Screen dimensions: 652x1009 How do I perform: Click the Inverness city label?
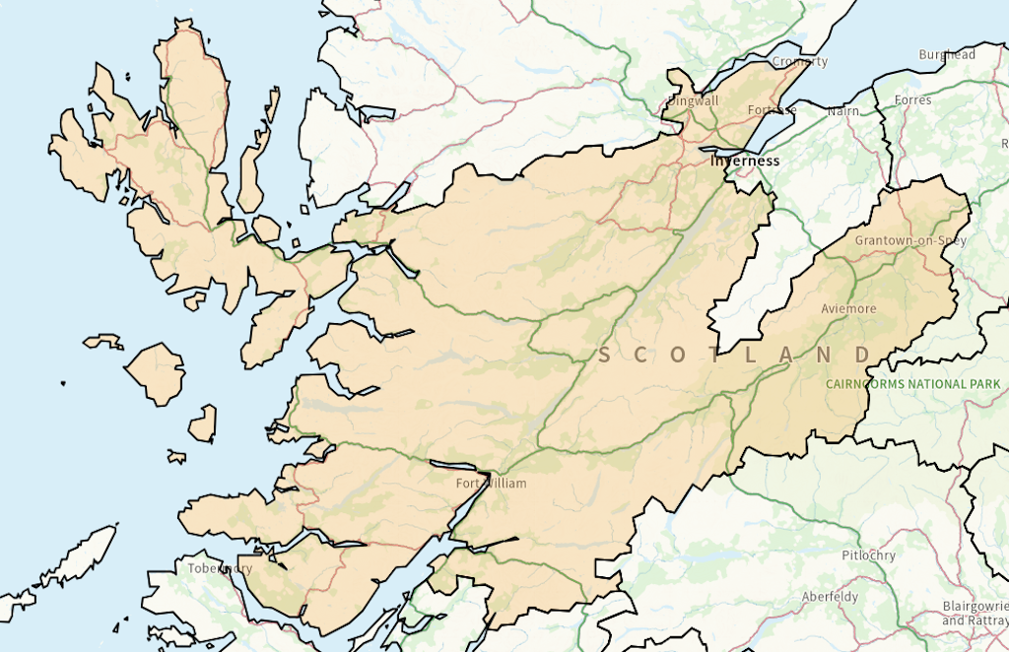745,161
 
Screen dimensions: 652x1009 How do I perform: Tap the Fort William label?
491,484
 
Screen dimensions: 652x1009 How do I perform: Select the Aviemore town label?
848,308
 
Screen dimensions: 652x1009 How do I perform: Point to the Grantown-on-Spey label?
910,240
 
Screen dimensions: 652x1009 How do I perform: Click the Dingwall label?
693,100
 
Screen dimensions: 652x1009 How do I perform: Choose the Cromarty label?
800,61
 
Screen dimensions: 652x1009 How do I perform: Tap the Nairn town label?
842,111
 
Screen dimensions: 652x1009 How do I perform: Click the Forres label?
913,100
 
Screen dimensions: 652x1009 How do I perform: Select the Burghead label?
946,55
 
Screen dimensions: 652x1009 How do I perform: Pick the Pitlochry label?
869,555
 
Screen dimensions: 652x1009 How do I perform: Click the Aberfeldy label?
830,597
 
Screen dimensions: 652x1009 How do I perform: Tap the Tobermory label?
220,568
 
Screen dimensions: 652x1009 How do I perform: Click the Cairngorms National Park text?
913,384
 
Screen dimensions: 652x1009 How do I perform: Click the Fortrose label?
772,110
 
